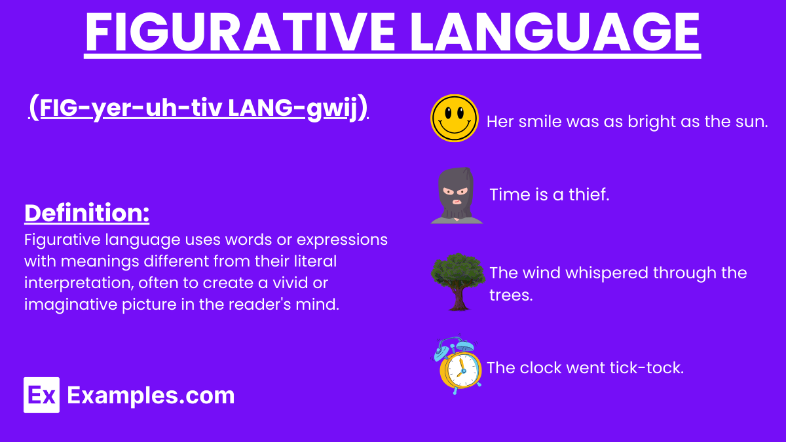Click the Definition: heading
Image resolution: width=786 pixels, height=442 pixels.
(86, 213)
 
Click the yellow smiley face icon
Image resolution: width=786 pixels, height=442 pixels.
(455, 119)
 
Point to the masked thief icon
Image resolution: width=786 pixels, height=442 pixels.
(457, 195)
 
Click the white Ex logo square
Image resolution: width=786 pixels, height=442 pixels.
(41, 395)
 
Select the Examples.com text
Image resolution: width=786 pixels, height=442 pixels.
(151, 396)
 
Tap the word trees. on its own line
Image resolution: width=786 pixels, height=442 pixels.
(511, 295)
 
